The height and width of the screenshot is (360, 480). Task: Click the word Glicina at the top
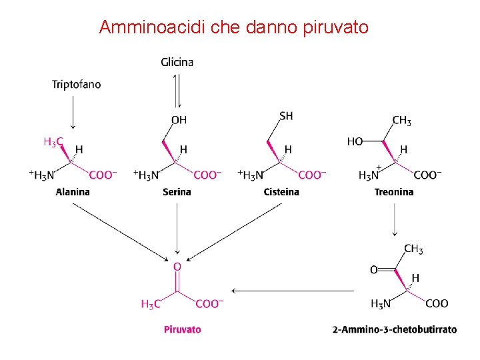pos(177,62)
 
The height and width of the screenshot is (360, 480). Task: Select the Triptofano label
pos(77,85)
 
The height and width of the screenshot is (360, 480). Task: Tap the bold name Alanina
pos(73,192)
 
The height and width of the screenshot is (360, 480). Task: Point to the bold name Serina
pos(177,192)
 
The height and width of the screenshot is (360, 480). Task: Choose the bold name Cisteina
pos(281,192)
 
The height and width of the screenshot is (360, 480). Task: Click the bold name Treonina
pos(393,192)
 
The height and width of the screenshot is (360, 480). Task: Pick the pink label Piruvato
pos(182,329)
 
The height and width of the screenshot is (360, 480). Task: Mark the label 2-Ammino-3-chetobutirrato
pos(394,329)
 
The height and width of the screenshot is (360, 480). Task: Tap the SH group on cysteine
pos(286,116)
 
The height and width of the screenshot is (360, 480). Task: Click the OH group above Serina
pos(179,120)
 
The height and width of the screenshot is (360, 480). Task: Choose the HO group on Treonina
pos(355,141)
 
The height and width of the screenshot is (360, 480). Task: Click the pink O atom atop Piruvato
pos(177,267)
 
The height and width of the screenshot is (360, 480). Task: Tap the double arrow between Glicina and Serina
pos(177,90)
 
